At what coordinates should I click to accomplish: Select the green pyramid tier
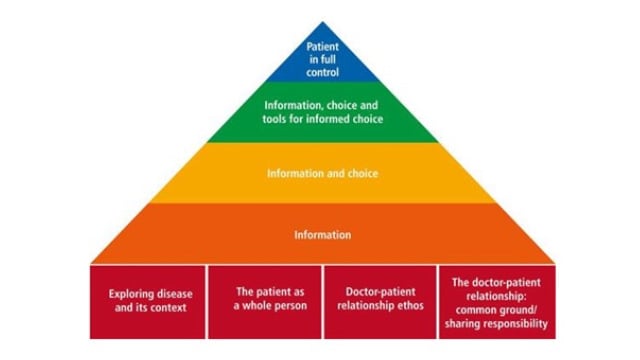[323, 113]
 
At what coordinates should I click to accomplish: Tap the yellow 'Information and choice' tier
[323, 173]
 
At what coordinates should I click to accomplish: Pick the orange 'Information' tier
[323, 235]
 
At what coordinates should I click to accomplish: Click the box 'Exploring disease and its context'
[148, 301]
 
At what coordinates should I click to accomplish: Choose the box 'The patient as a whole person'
[265, 301]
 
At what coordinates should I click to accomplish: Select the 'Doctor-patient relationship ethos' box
[380, 301]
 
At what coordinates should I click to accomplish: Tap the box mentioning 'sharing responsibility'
[494, 301]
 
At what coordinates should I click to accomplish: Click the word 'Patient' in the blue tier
[323, 46]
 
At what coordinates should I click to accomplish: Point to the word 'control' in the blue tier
[323, 72]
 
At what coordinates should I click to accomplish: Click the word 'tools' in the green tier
[277, 120]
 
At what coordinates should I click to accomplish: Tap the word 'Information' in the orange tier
[323, 236]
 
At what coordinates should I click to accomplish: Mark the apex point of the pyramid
[323, 22]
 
